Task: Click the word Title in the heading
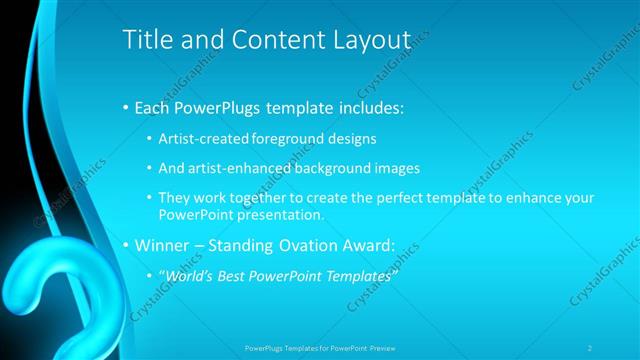145,40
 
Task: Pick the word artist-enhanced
228,168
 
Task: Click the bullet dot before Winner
125,245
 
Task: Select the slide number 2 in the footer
590,347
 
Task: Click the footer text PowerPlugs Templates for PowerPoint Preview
320,347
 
